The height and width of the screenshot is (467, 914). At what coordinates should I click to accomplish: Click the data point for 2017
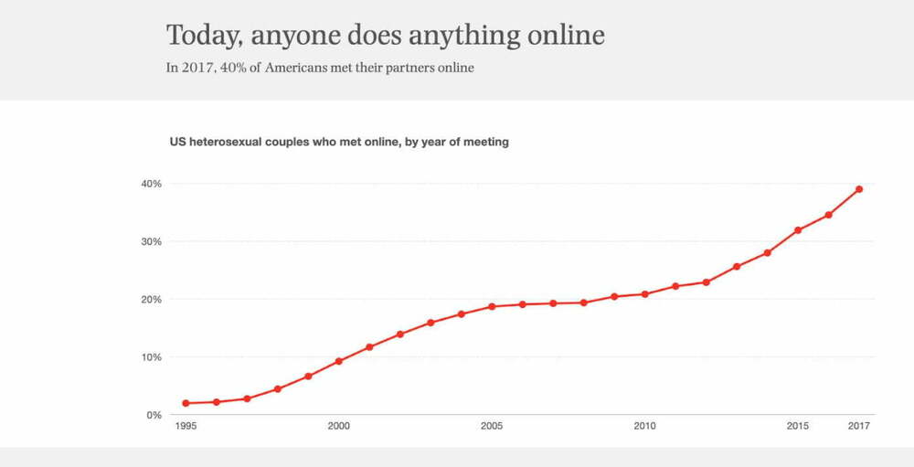[859, 189]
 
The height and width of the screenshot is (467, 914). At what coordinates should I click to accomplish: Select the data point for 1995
[186, 403]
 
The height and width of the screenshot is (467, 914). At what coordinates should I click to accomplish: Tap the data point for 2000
[339, 361]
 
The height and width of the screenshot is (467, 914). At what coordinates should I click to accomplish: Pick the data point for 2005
[492, 306]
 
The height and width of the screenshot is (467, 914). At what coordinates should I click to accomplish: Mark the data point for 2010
[645, 294]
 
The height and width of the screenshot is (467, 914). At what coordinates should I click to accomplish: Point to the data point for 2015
[798, 229]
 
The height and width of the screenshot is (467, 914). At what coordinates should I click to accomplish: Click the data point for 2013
[737, 267]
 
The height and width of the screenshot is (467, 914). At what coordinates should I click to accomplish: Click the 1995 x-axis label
[186, 426]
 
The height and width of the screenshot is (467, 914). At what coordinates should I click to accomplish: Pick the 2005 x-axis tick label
[492, 426]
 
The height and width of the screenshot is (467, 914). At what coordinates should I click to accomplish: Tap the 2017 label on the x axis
[859, 426]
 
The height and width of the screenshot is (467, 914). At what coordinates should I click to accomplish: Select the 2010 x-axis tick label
[645, 426]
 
